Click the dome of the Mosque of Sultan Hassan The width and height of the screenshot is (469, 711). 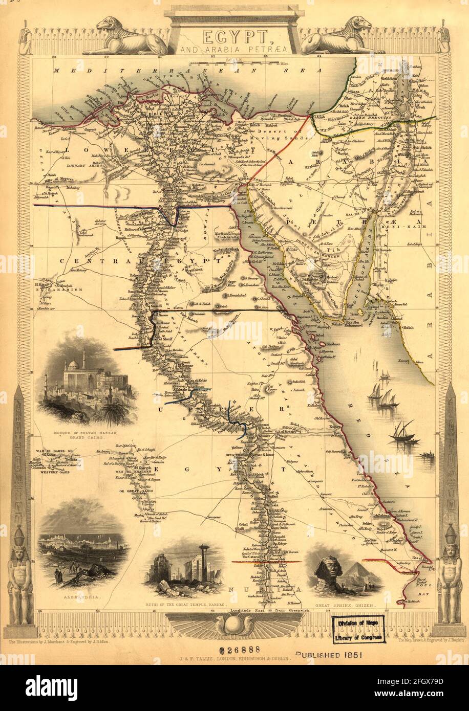click(73, 365)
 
